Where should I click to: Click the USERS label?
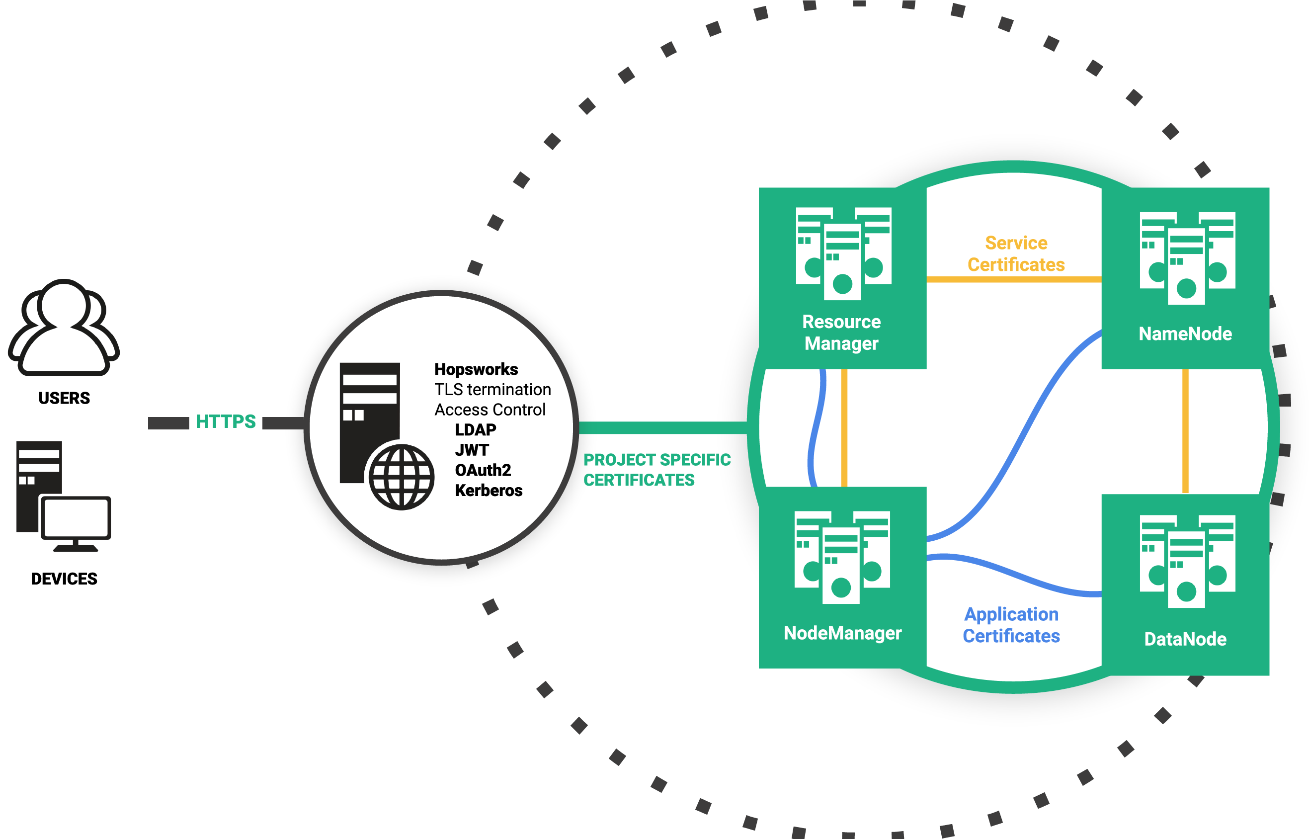click(x=64, y=398)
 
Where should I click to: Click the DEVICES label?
click(x=64, y=579)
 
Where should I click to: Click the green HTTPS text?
click(x=226, y=421)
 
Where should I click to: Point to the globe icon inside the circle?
click(x=402, y=477)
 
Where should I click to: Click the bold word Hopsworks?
click(x=476, y=369)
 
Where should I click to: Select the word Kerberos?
click(x=488, y=490)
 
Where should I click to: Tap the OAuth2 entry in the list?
click(x=483, y=470)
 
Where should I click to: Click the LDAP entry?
click(x=475, y=430)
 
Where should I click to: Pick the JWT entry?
click(x=472, y=450)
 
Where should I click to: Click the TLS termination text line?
click(x=492, y=390)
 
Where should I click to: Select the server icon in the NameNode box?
click(x=1186, y=257)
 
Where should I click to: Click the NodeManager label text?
click(x=842, y=633)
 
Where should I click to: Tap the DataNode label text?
click(x=1185, y=639)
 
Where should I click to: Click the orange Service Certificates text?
click(x=1015, y=253)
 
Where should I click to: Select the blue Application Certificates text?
click(x=1011, y=625)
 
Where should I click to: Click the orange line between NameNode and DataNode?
click(x=1185, y=430)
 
